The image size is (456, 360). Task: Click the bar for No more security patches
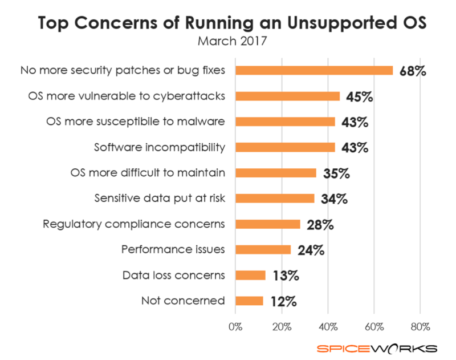[x=314, y=70]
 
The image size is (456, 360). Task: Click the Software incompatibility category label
[x=159, y=147]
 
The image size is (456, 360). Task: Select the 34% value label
[x=332, y=199]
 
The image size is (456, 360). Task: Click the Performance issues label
[x=173, y=249]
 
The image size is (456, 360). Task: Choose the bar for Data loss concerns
[x=250, y=275]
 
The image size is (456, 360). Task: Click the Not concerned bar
[x=249, y=301]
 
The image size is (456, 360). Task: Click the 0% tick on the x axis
[x=235, y=327]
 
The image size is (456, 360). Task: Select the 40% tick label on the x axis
[x=328, y=327]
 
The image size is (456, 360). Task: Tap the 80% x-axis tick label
[x=420, y=327]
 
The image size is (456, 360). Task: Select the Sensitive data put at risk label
[x=160, y=199]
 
